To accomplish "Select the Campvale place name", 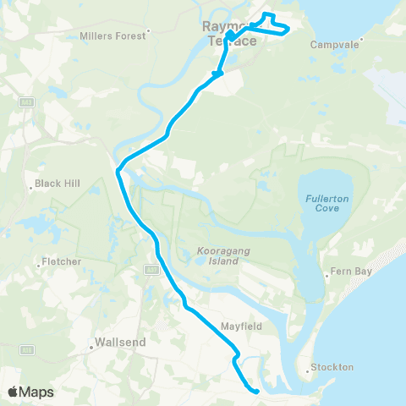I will (336, 44).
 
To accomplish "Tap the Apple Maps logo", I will (30, 392).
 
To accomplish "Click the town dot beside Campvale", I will (362, 38).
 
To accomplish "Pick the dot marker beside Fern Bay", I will (327, 275).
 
